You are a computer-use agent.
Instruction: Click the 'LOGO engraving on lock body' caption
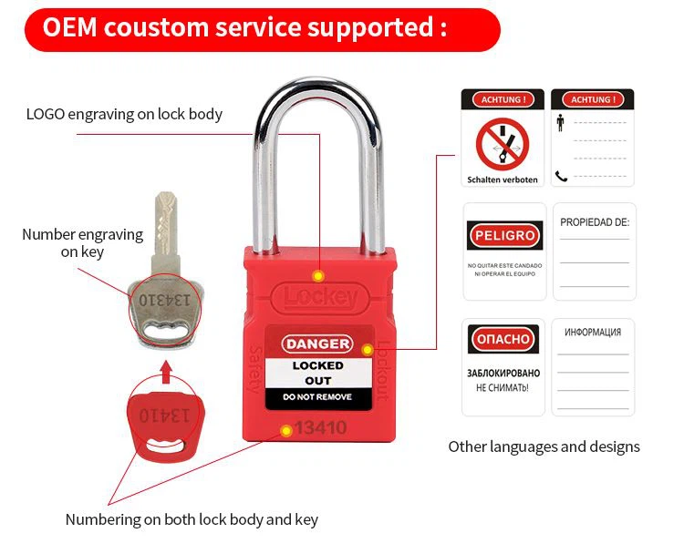(x=124, y=114)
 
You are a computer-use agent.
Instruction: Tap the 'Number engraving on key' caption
(x=82, y=242)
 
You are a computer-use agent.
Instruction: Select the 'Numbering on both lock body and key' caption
(x=192, y=519)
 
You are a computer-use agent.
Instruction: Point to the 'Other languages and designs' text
(x=544, y=446)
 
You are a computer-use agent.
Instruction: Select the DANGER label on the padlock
(x=316, y=344)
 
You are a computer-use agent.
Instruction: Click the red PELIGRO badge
(x=503, y=236)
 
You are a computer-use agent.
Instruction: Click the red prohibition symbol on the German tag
(x=503, y=142)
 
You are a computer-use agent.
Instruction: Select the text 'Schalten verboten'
(x=503, y=180)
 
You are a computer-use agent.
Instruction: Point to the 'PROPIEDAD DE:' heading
(x=595, y=222)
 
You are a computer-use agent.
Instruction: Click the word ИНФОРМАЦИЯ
(x=594, y=333)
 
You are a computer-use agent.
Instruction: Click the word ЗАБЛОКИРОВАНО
(x=503, y=374)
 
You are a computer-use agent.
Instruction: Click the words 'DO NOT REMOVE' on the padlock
(x=316, y=397)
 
